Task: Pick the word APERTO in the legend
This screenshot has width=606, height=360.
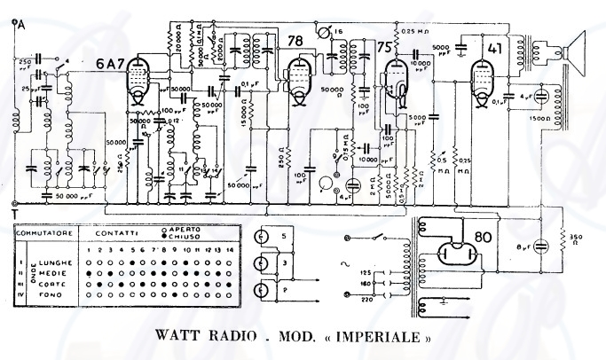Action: pyautogui.click(x=200, y=228)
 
